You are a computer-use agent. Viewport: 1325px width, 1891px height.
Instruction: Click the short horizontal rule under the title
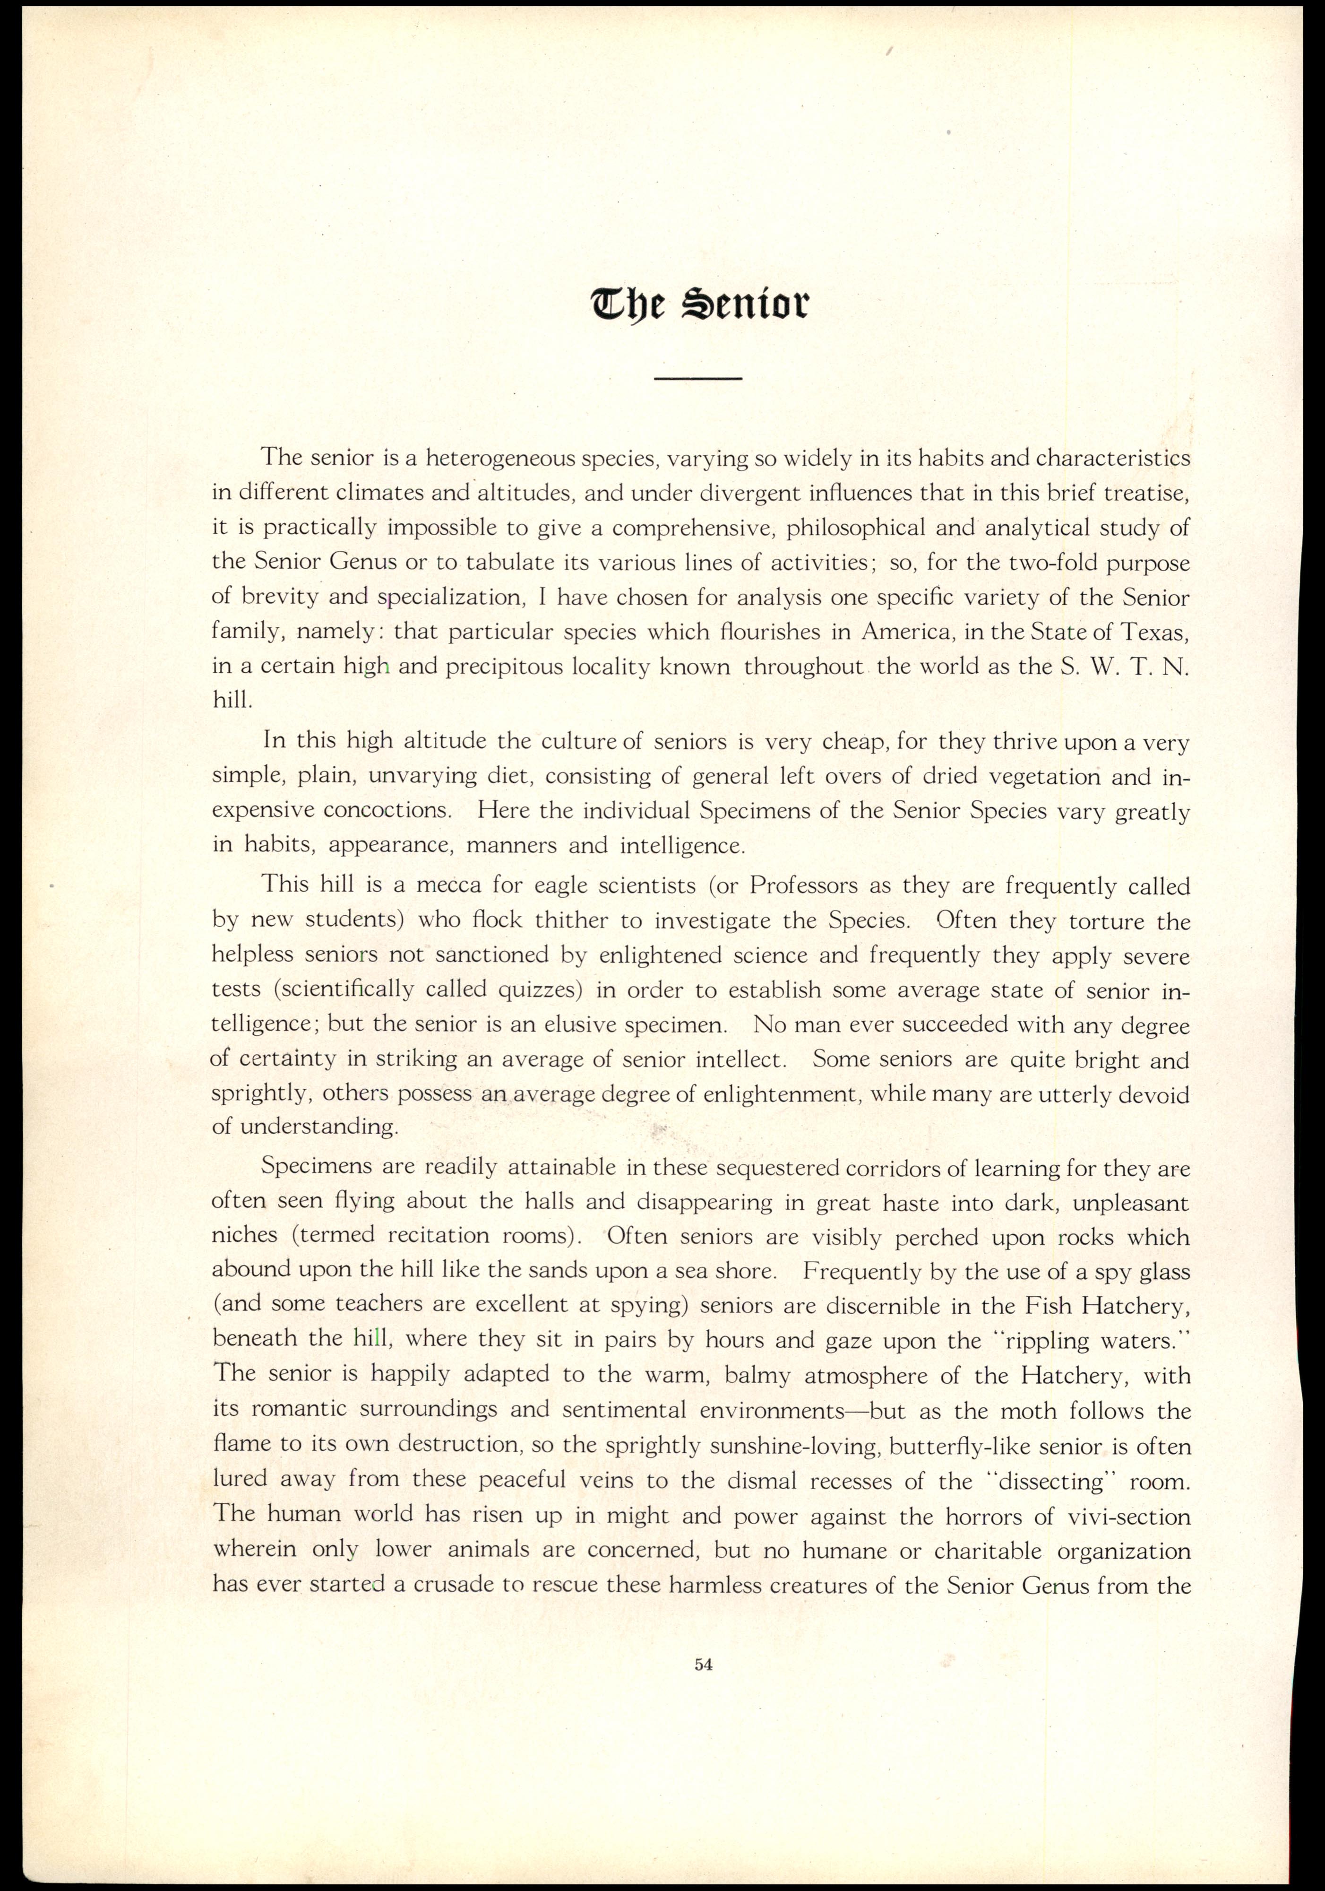point(697,379)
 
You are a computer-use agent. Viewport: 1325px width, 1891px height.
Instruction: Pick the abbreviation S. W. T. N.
point(1122,666)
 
